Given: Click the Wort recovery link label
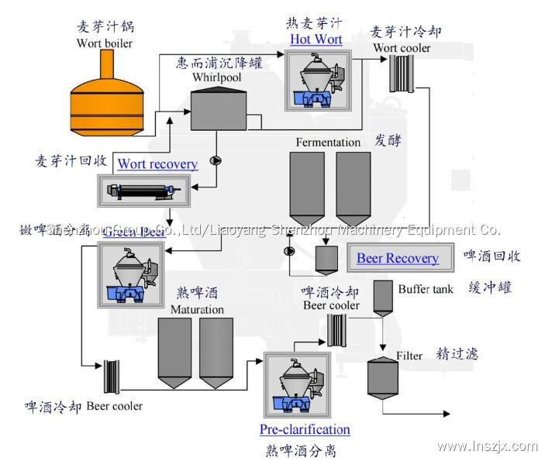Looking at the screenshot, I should (x=157, y=163).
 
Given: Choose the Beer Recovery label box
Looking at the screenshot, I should (x=398, y=258).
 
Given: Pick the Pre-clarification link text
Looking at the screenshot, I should (x=305, y=429).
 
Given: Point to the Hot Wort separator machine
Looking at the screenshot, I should (x=316, y=81).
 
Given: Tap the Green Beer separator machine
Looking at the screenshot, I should (x=130, y=274).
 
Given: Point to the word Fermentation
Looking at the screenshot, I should (x=328, y=142).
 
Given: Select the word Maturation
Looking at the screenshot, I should (x=197, y=310).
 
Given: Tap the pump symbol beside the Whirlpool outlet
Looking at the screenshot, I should (x=216, y=161).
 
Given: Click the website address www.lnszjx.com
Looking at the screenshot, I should (x=487, y=446).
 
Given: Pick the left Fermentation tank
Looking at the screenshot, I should (x=306, y=186).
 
